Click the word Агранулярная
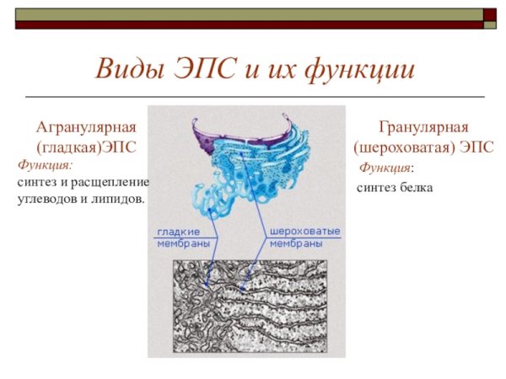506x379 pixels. (86, 127)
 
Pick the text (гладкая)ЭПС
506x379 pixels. (86, 147)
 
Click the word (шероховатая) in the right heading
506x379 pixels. (402, 147)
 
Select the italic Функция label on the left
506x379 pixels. (46, 165)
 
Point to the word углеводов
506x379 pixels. (45, 199)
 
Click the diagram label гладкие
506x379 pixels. (179, 231)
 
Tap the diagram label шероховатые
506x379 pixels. (304, 231)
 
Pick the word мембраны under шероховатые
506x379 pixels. (296, 243)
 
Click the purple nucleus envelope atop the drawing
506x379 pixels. (211, 135)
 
